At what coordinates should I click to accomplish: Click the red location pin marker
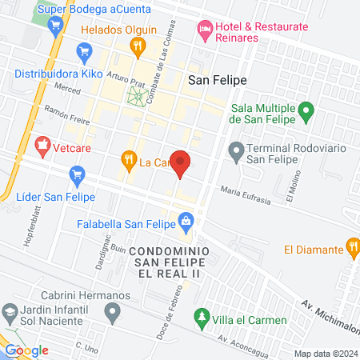(182, 163)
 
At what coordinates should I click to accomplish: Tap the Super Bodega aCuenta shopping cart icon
(55, 25)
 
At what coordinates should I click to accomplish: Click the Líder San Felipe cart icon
(77, 173)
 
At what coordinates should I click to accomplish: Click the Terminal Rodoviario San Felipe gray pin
(236, 150)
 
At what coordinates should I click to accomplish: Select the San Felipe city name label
(217, 80)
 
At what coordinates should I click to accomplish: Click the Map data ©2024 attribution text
(324, 353)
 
